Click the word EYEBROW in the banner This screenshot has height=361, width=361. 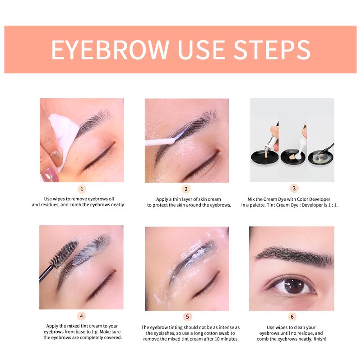[x=110, y=50]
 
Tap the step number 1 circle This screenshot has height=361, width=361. [x=82, y=189]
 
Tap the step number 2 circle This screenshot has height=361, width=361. [x=186, y=189]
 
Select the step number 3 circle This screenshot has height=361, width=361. [x=292, y=189]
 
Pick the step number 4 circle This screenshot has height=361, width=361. [x=82, y=316]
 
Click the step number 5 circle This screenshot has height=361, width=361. [x=186, y=316]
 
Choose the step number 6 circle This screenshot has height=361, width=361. [x=292, y=316]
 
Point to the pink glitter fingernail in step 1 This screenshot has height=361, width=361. [x=50, y=174]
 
